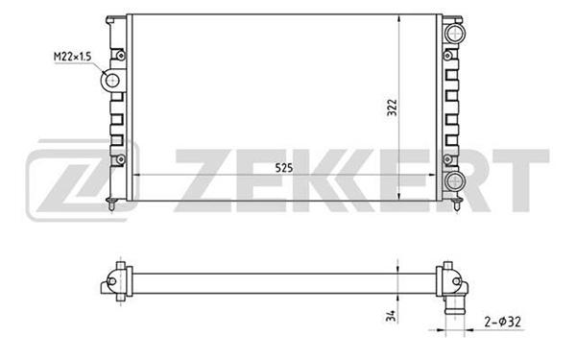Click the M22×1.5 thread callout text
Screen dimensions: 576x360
[x=72, y=57]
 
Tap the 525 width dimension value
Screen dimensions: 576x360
[x=284, y=168]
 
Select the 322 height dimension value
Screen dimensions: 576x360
[x=393, y=108]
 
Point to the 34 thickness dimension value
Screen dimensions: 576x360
[x=392, y=316]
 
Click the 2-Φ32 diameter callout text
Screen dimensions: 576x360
[x=502, y=322]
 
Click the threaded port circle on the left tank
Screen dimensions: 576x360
[x=111, y=80]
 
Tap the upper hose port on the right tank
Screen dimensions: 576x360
[x=455, y=33]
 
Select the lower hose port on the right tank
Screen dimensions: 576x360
[x=455, y=180]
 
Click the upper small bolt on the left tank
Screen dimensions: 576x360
[x=121, y=56]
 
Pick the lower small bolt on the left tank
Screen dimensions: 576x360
[x=121, y=159]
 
